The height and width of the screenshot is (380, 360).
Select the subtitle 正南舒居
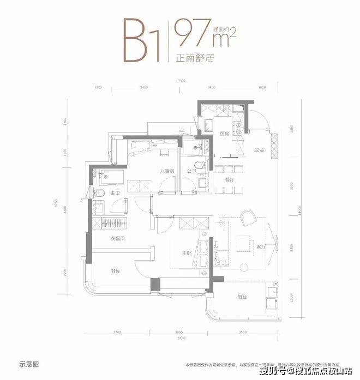pos(194,58)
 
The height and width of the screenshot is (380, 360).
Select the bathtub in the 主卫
pos(109,177)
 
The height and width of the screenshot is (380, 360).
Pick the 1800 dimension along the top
pos(261,87)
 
